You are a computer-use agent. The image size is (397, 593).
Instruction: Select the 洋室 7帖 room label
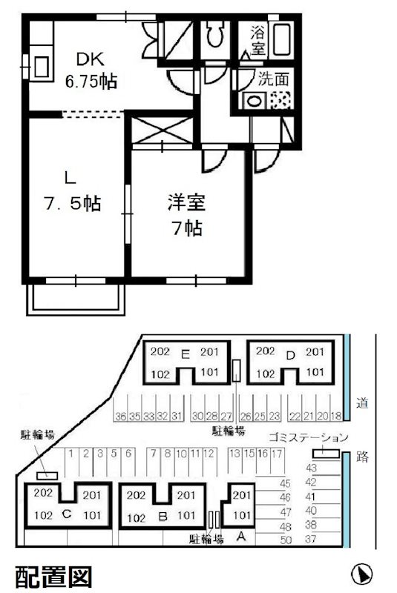(185, 214)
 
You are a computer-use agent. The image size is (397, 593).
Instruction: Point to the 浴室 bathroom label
(257, 40)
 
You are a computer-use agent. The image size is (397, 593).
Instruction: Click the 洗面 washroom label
(272, 79)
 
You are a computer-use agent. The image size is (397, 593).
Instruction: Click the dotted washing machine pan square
(280, 102)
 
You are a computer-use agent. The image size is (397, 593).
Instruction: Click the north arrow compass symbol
(361, 574)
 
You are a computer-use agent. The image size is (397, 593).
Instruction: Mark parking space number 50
(285, 538)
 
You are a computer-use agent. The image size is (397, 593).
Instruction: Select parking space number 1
(71, 453)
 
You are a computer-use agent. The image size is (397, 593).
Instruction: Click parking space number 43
(311, 468)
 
